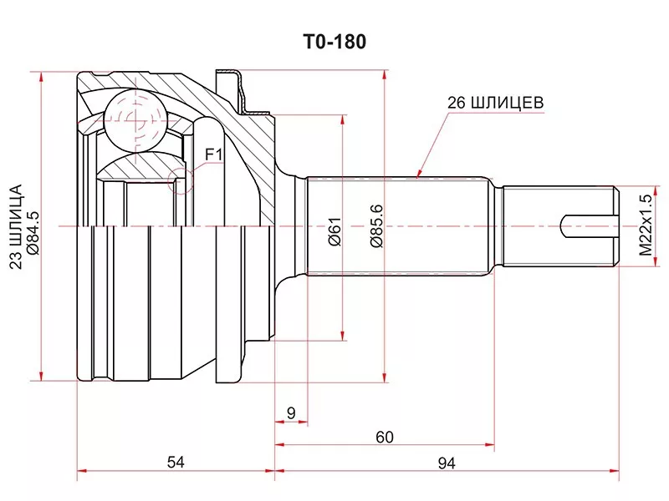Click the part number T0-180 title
(334, 42)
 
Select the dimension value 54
(176, 462)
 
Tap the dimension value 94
(447, 463)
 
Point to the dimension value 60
(385, 437)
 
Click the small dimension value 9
(291, 412)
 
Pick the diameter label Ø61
(335, 231)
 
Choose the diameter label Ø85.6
(377, 226)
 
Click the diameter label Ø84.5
(33, 233)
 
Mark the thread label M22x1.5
(646, 225)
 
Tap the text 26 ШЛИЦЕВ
(495, 103)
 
